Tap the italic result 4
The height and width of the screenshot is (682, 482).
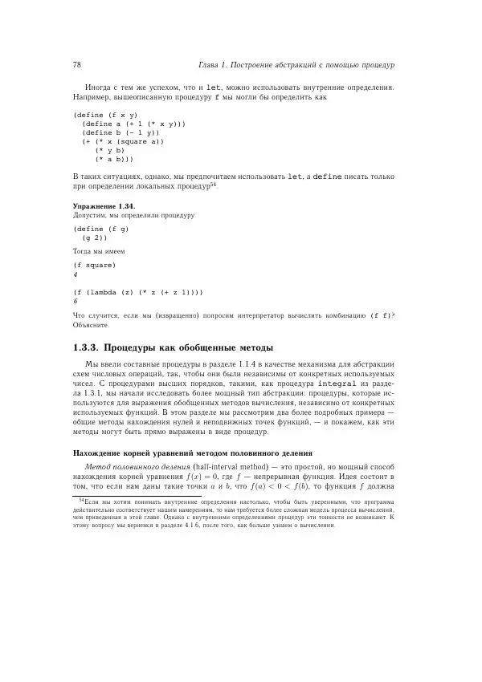[75, 274]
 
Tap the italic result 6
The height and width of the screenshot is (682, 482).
[75, 302]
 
